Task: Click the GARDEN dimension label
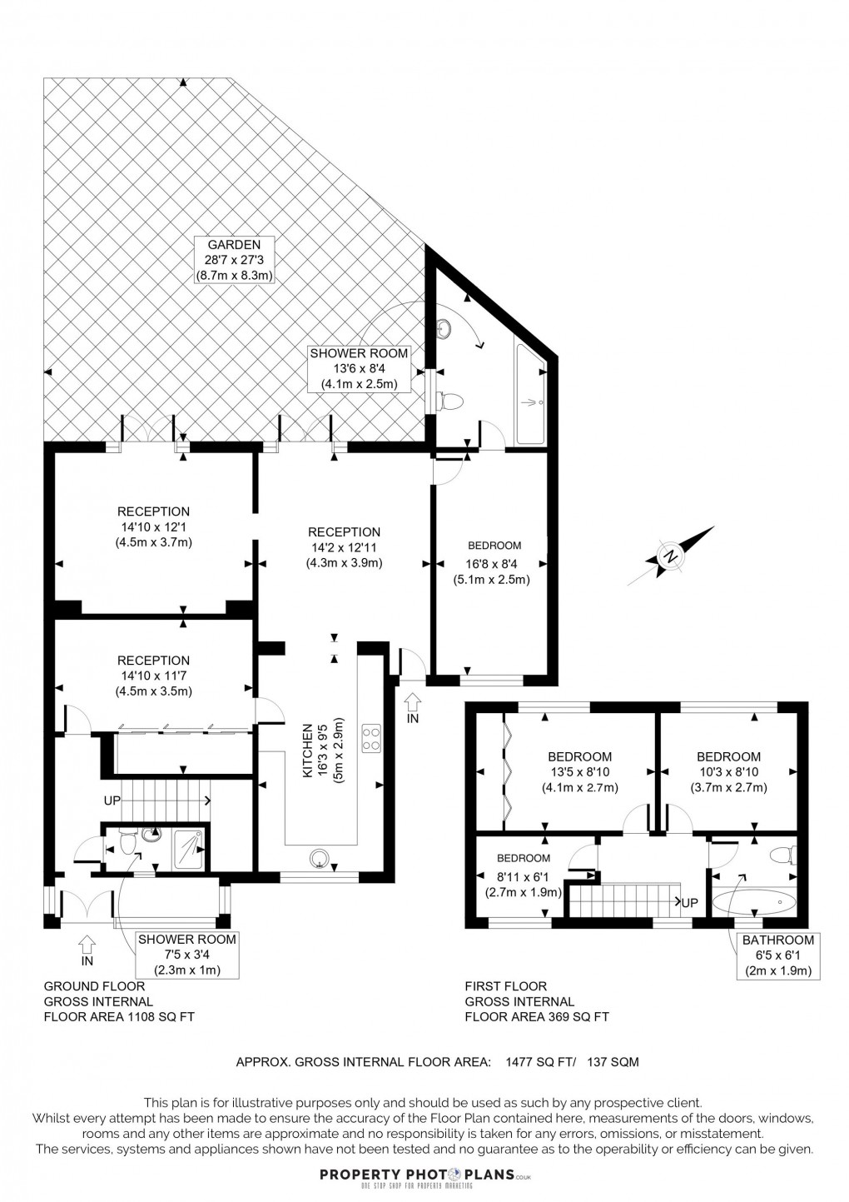pos(235,260)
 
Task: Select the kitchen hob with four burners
pos(371,737)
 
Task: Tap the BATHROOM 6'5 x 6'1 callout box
pos(778,955)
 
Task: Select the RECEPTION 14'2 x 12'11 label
pos(344,547)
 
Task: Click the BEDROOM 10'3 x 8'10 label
pos(728,771)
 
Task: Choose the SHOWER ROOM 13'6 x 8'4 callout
pos(359,368)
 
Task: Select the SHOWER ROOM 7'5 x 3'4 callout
pos(186,955)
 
